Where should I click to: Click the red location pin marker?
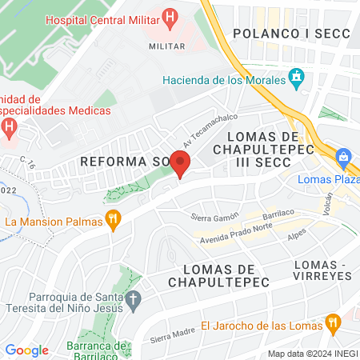pyautogui.click(x=181, y=164)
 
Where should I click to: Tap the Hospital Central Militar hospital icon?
pyautogui.click(x=169, y=17)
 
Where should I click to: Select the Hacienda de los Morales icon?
pyautogui.click(x=297, y=79)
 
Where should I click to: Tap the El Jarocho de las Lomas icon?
pyautogui.click(x=334, y=324)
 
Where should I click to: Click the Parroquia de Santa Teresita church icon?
pyautogui.click(x=134, y=301)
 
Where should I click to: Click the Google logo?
pyautogui.click(x=26, y=350)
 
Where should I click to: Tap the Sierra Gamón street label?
pyautogui.click(x=215, y=217)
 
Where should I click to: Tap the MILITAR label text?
pyautogui.click(x=167, y=46)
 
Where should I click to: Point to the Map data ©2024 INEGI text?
pyautogui.click(x=312, y=354)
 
